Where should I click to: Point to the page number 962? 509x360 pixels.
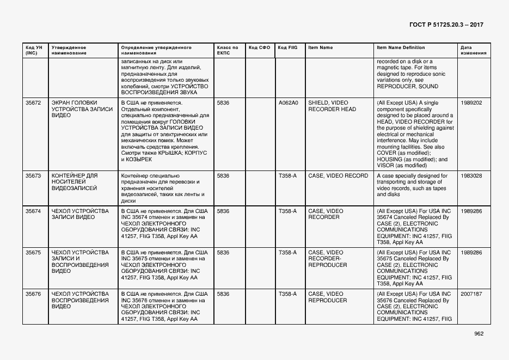(x=479, y=334)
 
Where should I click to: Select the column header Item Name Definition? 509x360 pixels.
(x=401, y=47)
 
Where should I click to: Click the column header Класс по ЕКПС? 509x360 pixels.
(x=228, y=50)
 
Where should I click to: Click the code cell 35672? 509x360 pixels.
(x=33, y=102)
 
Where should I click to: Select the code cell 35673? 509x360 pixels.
(x=33, y=176)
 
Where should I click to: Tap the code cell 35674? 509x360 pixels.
(x=33, y=211)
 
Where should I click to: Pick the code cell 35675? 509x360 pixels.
(x=33, y=253)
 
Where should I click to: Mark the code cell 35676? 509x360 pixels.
(x=33, y=294)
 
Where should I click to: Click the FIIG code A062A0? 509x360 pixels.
(x=289, y=102)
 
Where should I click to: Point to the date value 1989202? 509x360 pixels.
(x=471, y=102)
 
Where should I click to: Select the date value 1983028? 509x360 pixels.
(x=471, y=176)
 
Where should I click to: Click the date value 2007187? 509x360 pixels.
(x=471, y=294)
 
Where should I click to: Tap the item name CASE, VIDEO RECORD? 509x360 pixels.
(x=338, y=176)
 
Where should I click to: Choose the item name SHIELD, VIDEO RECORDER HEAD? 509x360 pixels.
(x=332, y=106)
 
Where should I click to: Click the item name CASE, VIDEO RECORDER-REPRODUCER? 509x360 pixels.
(x=328, y=259)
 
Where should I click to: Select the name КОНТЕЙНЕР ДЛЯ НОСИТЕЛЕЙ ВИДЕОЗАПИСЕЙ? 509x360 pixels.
(x=74, y=182)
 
